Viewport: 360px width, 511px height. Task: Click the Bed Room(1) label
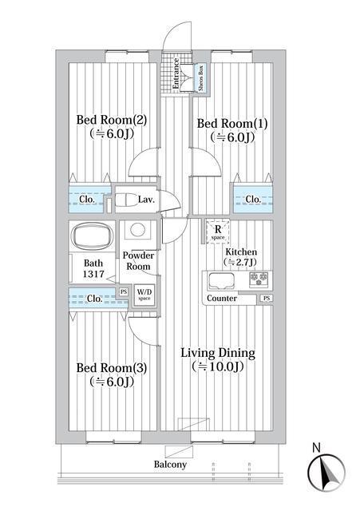click(x=231, y=124)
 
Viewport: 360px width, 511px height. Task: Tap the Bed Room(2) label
click(x=111, y=121)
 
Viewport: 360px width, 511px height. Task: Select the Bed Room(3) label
click(x=111, y=368)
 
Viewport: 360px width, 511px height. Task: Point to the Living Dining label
click(x=216, y=353)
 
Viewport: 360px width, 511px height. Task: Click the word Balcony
click(x=170, y=465)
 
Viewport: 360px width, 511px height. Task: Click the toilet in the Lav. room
click(x=125, y=200)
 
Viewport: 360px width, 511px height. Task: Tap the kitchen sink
click(x=221, y=281)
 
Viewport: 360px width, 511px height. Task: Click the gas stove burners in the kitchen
click(x=259, y=280)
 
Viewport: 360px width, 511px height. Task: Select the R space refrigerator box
click(x=216, y=232)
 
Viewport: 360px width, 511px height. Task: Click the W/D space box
click(x=144, y=293)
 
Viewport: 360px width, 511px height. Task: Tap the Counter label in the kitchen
click(x=221, y=299)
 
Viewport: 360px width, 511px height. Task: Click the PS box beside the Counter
click(x=265, y=299)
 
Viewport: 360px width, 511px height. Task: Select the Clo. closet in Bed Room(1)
click(x=251, y=199)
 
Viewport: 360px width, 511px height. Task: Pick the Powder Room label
click(x=136, y=261)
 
